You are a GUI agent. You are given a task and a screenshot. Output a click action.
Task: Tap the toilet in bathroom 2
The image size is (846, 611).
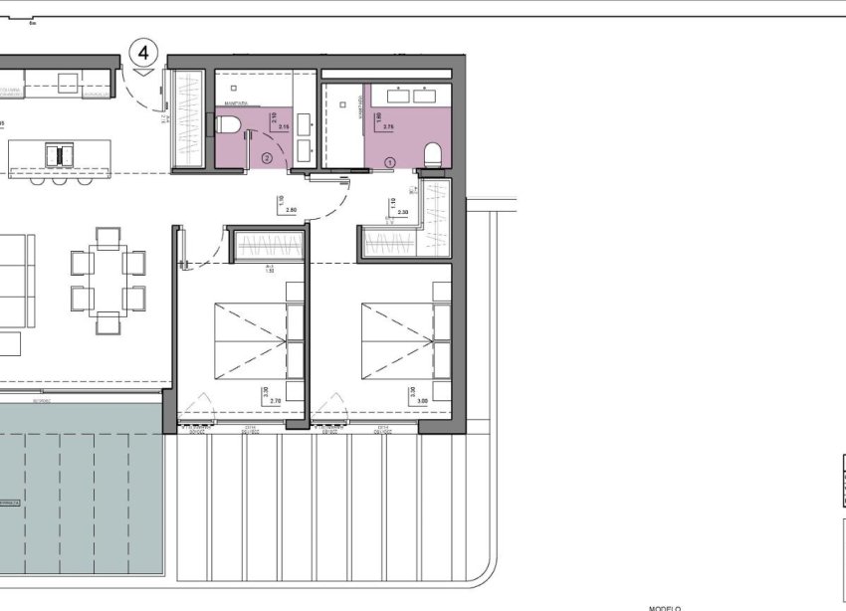[x=228, y=124]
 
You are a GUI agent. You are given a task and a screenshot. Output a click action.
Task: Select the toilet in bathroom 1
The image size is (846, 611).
[x=434, y=153]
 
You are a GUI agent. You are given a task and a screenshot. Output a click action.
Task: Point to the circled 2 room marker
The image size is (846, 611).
[x=266, y=157]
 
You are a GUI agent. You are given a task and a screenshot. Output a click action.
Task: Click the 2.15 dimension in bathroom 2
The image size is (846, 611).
[x=284, y=127]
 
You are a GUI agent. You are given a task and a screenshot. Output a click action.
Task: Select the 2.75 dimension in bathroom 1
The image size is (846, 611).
[x=389, y=127]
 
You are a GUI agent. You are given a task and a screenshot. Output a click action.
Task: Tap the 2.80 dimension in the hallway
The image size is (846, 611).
[x=291, y=210]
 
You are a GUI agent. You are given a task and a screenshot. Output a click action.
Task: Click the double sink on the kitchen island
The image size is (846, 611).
[x=61, y=156]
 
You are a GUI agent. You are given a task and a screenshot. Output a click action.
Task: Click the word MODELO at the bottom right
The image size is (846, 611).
[x=664, y=607]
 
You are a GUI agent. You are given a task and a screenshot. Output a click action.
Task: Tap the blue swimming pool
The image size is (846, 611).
[x=80, y=488]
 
